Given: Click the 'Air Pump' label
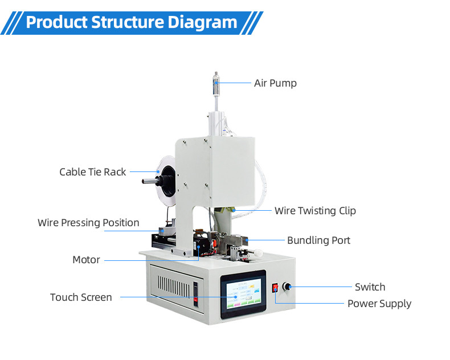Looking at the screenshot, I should pyautogui.click(x=275, y=83).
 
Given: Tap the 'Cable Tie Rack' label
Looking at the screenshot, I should pyautogui.click(x=93, y=171).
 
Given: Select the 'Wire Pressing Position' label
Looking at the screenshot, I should pyautogui.click(x=88, y=223).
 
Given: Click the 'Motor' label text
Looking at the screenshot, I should pyautogui.click(x=86, y=260).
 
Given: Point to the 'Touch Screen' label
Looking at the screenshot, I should pyautogui.click(x=81, y=297).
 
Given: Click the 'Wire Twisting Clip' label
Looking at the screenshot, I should pyautogui.click(x=315, y=211).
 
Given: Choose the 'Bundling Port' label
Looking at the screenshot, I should pyautogui.click(x=318, y=240).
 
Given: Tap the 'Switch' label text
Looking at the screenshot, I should pyautogui.click(x=370, y=287).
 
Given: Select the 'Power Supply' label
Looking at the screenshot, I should pyautogui.click(x=379, y=304).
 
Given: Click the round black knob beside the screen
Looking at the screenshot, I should pyautogui.click(x=285, y=288).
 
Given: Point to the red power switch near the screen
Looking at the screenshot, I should pyautogui.click(x=275, y=288).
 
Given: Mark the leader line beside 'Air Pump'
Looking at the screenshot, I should pyautogui.click(x=235, y=83).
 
